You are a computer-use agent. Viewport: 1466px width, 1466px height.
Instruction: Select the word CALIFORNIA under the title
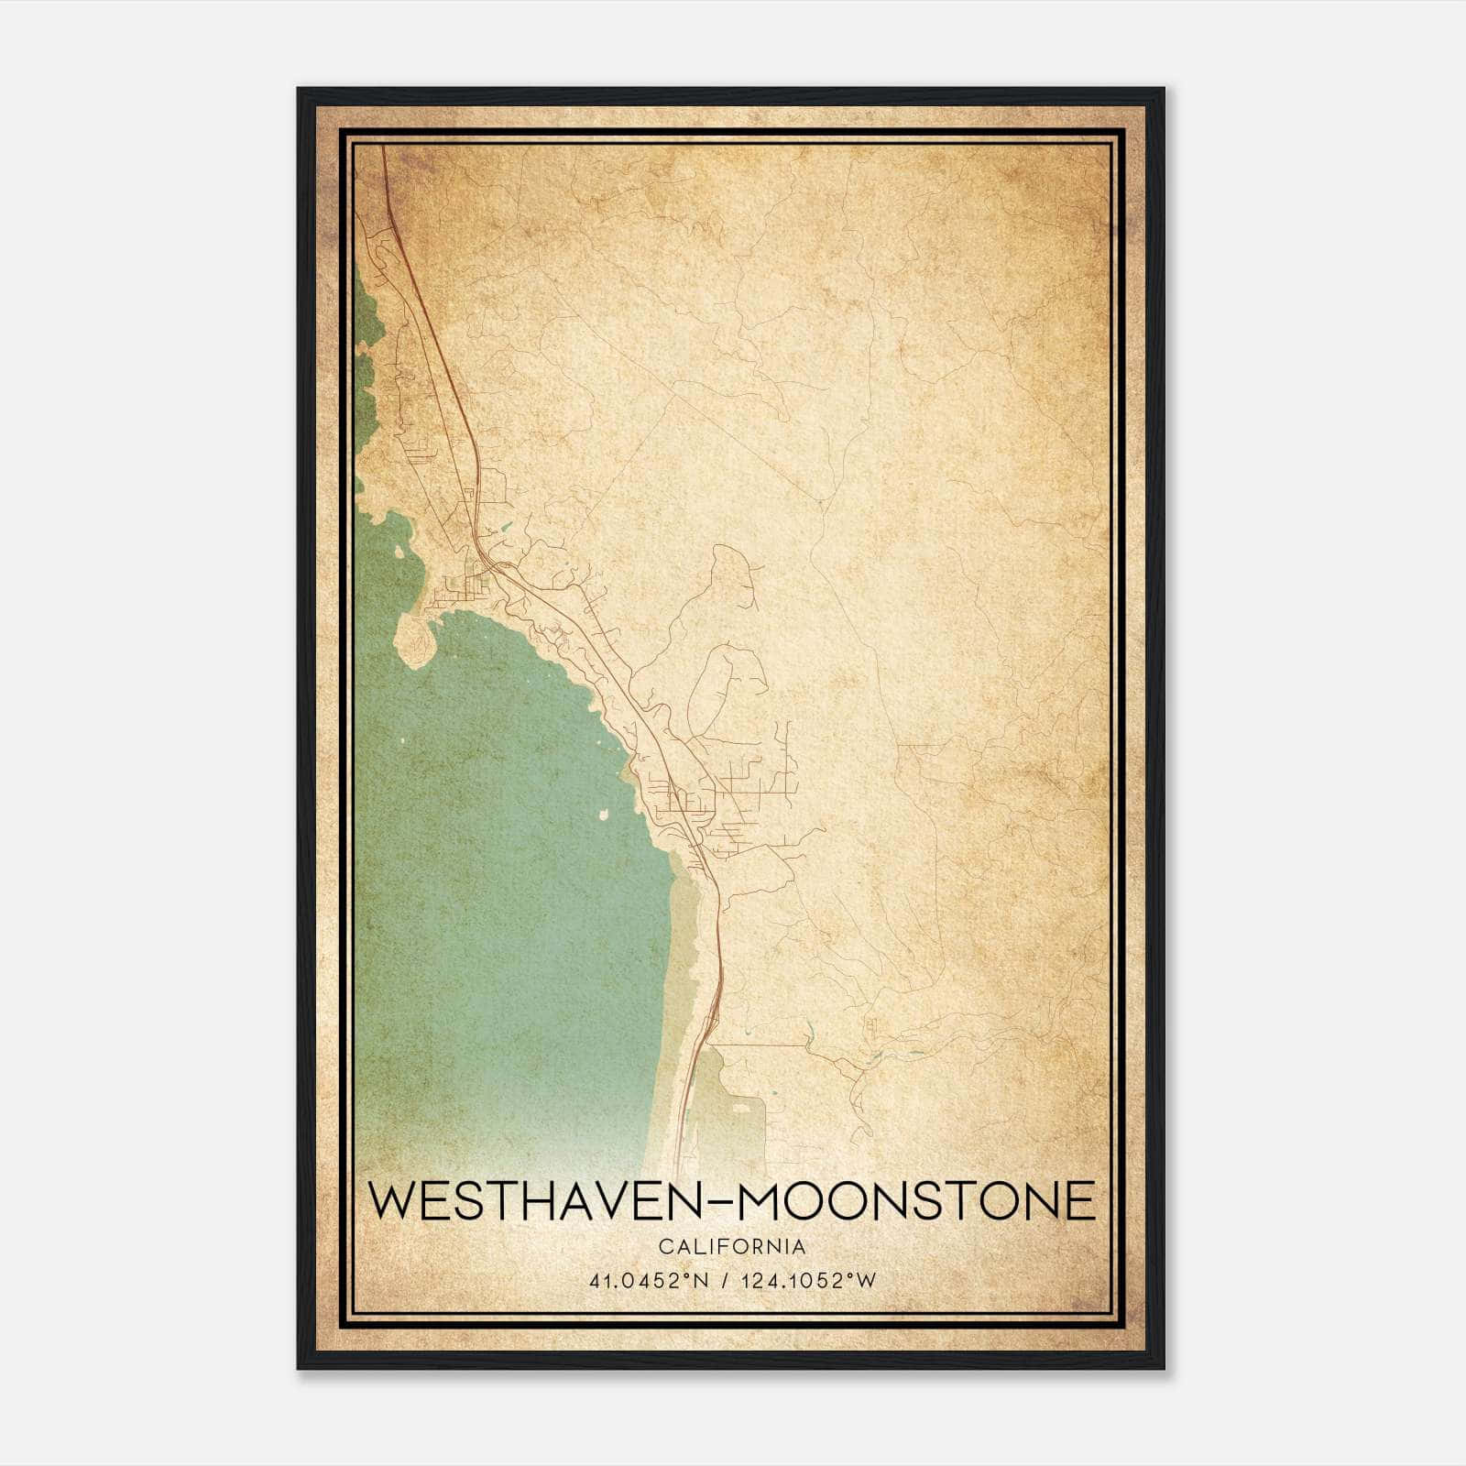732,1247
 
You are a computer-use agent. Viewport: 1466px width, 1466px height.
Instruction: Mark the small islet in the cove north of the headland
400,553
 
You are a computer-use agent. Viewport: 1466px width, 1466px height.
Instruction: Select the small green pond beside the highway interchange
501,529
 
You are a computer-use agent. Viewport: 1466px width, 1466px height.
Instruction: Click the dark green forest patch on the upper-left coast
366,366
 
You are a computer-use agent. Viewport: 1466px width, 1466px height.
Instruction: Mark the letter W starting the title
394,1201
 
